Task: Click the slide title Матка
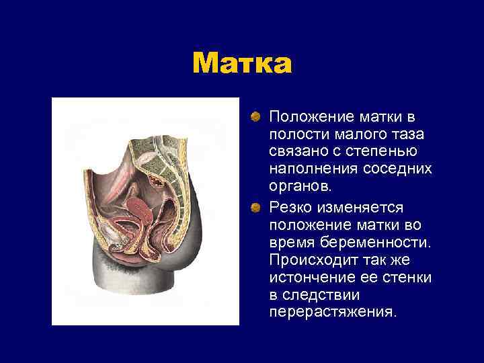click(242, 64)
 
